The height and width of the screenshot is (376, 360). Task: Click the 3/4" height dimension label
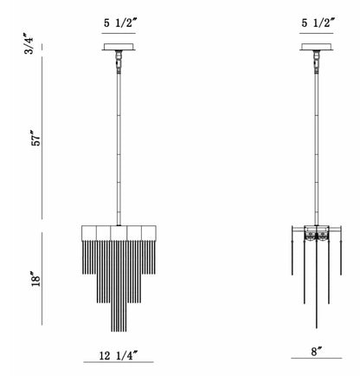29,43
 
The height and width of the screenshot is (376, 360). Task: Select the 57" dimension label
37,139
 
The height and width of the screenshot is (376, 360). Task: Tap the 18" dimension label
36,279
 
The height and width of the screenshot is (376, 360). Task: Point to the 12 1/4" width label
119,355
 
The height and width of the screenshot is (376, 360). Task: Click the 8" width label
316,352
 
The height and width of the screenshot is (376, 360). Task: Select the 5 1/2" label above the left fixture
119,23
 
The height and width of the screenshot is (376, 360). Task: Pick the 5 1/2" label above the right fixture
318,23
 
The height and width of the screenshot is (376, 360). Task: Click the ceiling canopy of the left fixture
119,47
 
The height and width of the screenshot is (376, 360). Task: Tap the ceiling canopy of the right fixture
317,47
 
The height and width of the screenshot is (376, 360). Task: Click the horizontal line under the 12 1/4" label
119,362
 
